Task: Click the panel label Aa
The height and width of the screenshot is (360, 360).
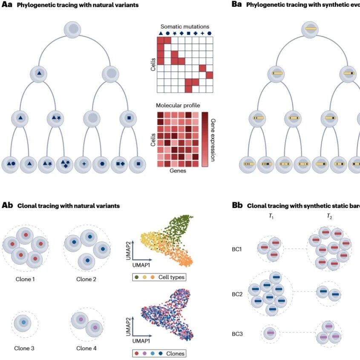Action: click(7, 4)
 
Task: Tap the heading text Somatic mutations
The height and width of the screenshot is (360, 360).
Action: click(185, 27)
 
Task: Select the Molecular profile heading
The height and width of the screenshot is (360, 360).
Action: click(178, 106)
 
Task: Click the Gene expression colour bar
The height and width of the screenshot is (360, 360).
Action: click(205, 139)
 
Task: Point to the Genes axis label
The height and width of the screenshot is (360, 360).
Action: click(178, 171)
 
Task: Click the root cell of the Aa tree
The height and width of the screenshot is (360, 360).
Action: click(72, 29)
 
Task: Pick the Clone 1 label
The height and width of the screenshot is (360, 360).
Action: click(25, 279)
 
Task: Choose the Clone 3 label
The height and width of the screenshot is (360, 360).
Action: click(24, 348)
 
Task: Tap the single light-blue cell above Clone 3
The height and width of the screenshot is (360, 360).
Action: click(23, 323)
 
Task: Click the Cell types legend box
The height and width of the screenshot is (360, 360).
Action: click(159, 277)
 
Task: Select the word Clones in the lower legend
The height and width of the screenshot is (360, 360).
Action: click(175, 354)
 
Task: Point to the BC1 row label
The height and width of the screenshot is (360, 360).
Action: click(237, 249)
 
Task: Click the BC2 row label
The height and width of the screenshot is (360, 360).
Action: click(237, 294)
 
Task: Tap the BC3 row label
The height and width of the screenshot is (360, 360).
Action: click(237, 334)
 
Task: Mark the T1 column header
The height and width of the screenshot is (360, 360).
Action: click(271, 216)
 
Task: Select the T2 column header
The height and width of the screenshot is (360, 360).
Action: click(329, 216)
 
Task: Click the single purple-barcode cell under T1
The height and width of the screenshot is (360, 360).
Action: click(271, 333)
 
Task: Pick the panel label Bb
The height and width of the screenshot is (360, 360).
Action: click(237, 205)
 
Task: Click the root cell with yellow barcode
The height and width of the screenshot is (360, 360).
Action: click(310, 29)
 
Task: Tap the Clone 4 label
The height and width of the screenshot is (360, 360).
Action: click(86, 348)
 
